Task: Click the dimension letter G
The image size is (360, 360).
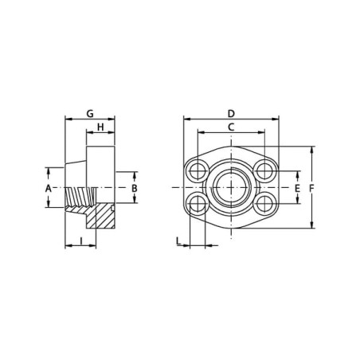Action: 90,114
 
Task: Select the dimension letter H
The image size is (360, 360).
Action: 100,127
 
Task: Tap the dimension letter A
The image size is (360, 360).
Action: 48,188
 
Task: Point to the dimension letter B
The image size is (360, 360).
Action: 135,188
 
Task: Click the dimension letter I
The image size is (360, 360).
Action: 81,241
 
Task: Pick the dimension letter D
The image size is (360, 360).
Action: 231,114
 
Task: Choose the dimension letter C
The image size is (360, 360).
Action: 231,127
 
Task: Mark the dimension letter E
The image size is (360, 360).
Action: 297,188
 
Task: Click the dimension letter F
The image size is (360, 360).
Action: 312,188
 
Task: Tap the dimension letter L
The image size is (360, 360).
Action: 178,241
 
